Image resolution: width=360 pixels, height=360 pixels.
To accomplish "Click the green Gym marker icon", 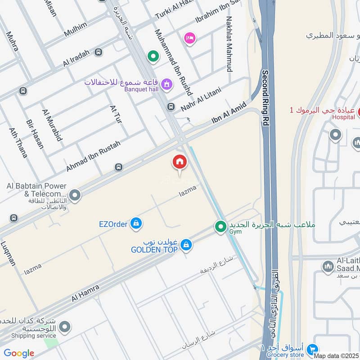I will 220,226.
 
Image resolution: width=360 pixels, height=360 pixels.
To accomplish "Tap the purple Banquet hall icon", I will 167,84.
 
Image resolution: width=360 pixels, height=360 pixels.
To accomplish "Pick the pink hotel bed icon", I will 190,38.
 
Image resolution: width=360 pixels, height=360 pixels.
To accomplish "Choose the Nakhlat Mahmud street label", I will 229,44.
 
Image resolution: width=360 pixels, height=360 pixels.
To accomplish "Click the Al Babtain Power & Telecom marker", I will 75,195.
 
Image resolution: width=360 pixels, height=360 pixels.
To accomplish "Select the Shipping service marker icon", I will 65,327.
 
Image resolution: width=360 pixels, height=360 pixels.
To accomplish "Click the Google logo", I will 19,353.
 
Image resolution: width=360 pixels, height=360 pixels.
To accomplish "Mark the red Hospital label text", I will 344,117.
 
